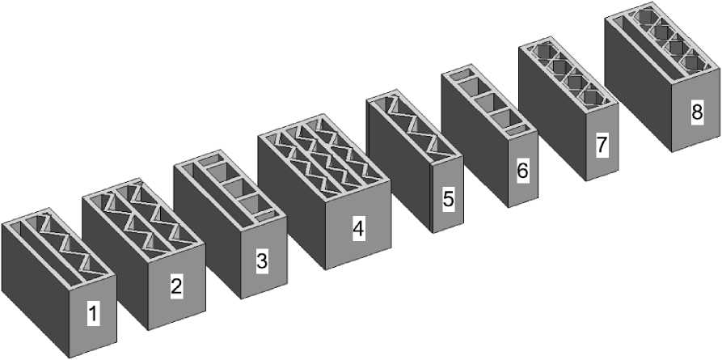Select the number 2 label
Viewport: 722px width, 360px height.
176,286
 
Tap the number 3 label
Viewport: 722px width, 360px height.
261,261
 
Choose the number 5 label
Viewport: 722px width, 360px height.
449,199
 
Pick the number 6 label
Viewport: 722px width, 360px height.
522,171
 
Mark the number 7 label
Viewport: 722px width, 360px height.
601,145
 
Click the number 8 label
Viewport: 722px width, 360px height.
697,112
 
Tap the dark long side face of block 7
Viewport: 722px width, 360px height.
552,112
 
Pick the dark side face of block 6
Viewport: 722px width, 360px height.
475,139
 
